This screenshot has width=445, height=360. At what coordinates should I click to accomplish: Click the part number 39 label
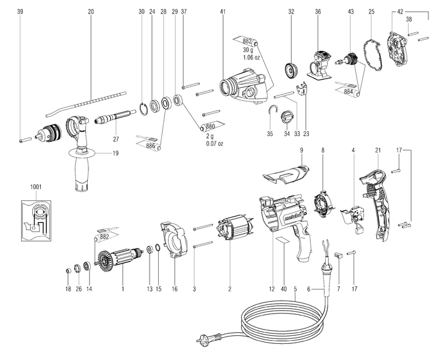coord(20,12)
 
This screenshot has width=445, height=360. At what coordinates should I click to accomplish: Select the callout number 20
coord(91,12)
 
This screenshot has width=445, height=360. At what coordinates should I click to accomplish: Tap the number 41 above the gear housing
coord(222,12)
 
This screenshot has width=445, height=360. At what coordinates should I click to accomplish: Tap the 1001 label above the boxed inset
coord(35,186)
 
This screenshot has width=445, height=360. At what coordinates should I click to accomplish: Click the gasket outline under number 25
coord(371,59)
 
